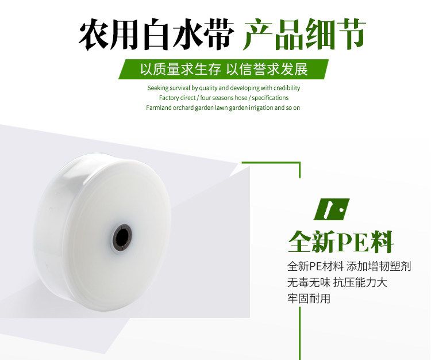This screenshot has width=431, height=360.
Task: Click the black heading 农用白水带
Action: (x=156, y=34)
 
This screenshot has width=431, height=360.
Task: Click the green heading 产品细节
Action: (x=304, y=34)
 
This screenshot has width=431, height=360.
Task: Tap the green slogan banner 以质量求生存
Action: (x=181, y=69)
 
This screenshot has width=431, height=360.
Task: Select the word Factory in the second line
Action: (x=169, y=98)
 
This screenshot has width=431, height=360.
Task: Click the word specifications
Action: (x=270, y=98)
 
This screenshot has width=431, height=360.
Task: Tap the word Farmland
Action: (x=159, y=108)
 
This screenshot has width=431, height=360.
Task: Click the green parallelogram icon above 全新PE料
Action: (x=332, y=209)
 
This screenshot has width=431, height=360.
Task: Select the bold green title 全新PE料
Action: (x=341, y=242)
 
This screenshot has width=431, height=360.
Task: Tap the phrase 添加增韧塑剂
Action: (x=379, y=266)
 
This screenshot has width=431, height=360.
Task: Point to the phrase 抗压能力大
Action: (x=360, y=282)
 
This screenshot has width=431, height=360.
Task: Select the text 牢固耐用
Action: (x=309, y=298)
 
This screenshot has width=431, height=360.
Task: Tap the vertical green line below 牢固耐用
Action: (x=299, y=334)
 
